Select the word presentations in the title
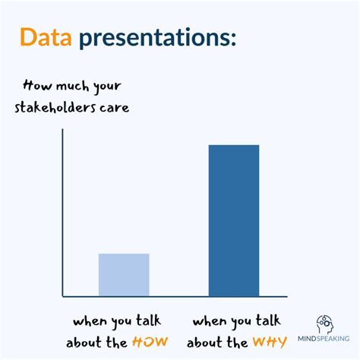click(152, 39)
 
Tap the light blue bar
click(124, 274)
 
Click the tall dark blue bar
click(233, 220)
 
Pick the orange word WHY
click(270, 342)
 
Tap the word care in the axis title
click(115, 108)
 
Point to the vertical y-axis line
click(63, 213)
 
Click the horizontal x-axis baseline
click(175, 296)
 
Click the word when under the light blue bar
click(90, 320)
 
